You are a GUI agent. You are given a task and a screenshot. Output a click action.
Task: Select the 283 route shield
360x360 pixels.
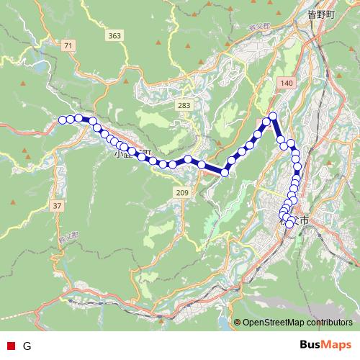tap(184, 106)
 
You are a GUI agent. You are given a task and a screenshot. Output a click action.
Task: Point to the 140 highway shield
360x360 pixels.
tap(287, 84)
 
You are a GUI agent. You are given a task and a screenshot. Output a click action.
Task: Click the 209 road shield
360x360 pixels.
tap(181, 192)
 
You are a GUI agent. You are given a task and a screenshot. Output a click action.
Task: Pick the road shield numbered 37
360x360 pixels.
tap(58, 206)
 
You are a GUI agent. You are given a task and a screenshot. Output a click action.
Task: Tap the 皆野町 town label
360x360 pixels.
tap(321, 14)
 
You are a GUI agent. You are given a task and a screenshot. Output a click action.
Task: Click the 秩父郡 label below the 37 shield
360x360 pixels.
tap(66, 237)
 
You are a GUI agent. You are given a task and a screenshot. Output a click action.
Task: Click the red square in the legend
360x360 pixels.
tap(10, 346)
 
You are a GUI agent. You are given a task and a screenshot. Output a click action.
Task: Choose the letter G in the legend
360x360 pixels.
tap(27, 346)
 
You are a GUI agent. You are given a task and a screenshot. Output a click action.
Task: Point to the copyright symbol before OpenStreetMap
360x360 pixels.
tap(238, 323)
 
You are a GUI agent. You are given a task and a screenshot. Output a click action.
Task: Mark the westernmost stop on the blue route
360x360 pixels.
tap(63, 120)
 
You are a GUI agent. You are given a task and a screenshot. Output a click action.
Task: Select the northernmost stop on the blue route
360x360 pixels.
tap(273, 116)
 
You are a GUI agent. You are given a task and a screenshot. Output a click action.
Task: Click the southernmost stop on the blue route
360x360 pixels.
tap(289, 224)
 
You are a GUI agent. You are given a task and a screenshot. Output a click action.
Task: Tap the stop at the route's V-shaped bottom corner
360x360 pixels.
tap(225, 172)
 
